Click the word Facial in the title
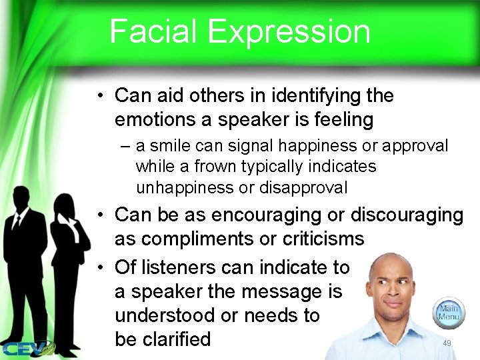pyautogui.click(x=153, y=31)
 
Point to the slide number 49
pyautogui.click(x=447, y=343)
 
